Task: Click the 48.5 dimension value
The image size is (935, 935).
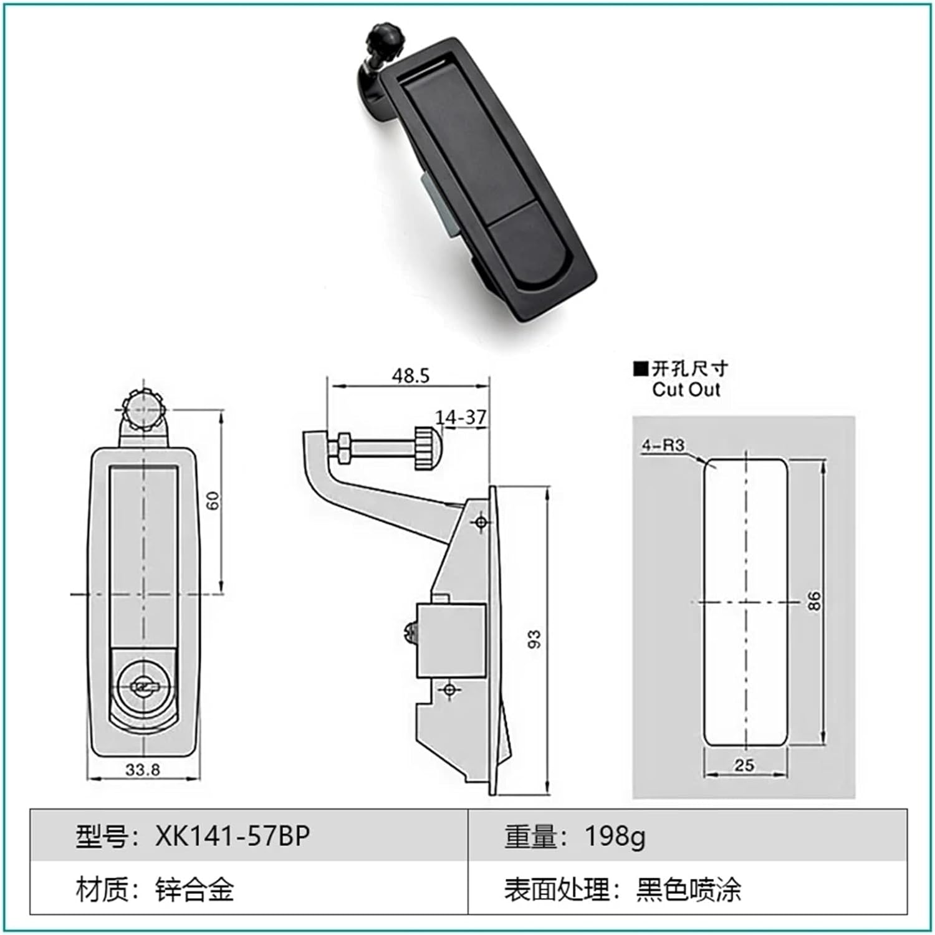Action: tap(410, 375)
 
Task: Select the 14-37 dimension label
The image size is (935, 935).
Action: tap(461, 417)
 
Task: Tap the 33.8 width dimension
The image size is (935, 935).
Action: tap(143, 769)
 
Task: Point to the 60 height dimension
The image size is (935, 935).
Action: tap(213, 501)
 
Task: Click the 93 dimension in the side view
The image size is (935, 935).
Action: tap(535, 640)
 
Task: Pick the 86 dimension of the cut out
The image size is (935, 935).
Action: tap(814, 601)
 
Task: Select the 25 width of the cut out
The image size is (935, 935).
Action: tap(744, 765)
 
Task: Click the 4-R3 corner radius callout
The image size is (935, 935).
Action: tap(663, 445)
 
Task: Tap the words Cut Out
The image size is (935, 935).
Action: tap(686, 390)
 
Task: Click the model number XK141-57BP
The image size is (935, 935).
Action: tap(232, 836)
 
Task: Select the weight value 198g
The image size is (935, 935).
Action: tap(615, 836)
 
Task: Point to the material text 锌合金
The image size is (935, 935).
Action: tap(194, 889)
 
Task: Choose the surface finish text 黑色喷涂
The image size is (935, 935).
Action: tap(688, 889)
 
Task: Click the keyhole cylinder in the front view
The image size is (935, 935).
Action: tap(143, 687)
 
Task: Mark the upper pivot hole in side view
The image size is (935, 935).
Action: tap(481, 521)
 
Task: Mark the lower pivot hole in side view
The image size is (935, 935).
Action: tap(449, 689)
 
